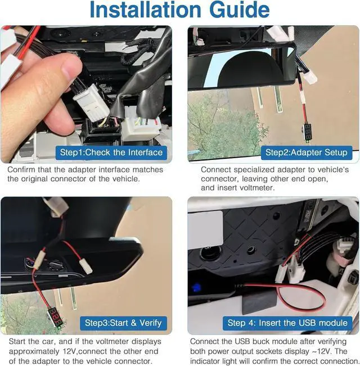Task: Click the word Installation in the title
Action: click(145, 10)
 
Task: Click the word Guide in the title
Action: click(240, 10)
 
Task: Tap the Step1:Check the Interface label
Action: click(111, 153)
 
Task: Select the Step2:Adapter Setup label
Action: click(307, 153)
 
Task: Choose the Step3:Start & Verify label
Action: click(123, 323)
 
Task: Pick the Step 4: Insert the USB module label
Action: click(287, 323)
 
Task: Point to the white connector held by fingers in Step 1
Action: click(91, 102)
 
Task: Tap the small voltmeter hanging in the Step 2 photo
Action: click(308, 132)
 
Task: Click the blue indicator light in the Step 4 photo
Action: click(196, 287)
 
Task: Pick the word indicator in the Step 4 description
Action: click(205, 361)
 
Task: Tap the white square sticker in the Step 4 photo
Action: click(205, 230)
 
